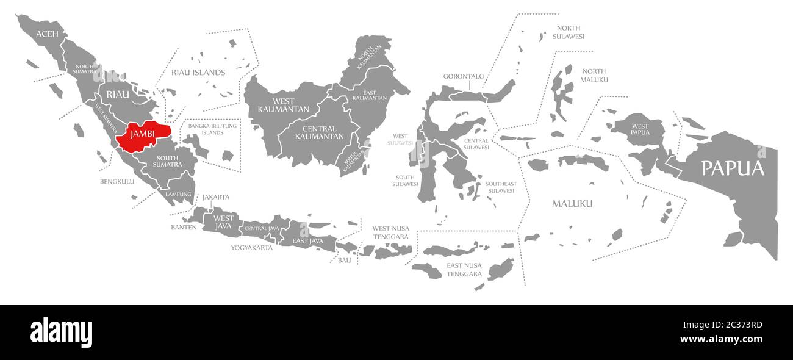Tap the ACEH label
[x=47, y=34]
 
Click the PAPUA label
[x=732, y=168]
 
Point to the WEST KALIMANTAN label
[x=276, y=105]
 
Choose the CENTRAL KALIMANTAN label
[x=319, y=132]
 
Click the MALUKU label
[x=572, y=203]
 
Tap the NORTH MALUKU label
[x=594, y=76]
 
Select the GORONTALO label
[x=463, y=77]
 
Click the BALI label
[x=345, y=260]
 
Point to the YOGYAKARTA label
[x=251, y=248]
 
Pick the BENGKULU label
[x=117, y=181]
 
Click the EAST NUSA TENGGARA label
[x=464, y=270]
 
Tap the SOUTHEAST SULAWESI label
[x=500, y=187]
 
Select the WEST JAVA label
[x=223, y=222]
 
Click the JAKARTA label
[x=216, y=197]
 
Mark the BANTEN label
[x=184, y=227]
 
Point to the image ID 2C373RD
[x=739, y=325]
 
